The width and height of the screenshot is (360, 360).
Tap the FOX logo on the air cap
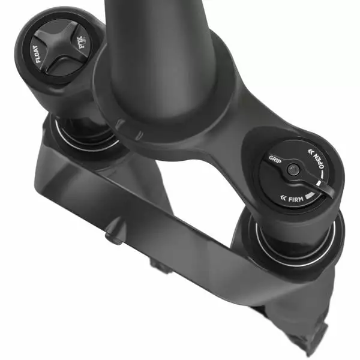[x=76, y=45]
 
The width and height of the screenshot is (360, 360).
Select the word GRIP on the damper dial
[x=275, y=160]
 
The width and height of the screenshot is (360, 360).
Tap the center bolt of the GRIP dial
[x=292, y=170]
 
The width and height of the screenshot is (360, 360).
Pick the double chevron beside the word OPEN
[x=311, y=151]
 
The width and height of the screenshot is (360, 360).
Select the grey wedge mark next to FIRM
[x=308, y=196]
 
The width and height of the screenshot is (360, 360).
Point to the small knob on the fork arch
[x=112, y=235]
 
